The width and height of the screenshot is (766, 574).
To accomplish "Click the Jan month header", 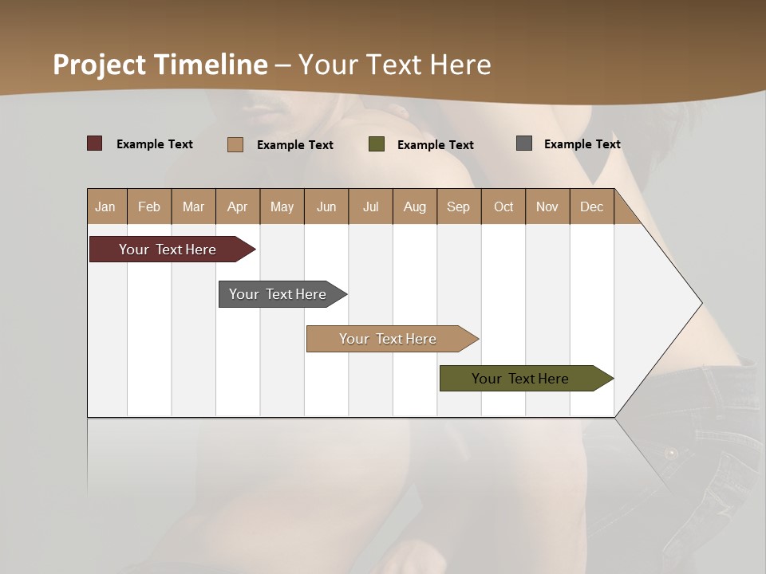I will tap(106, 206).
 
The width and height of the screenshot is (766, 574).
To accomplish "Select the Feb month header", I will tap(149, 206).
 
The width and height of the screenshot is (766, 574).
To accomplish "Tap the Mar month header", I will tap(193, 206).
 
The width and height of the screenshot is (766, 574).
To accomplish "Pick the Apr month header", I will tap(238, 206).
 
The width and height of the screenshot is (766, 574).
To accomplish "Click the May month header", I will tap(282, 206).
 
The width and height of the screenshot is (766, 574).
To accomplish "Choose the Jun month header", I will tap(326, 206).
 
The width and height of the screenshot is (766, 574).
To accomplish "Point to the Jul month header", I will tap(370, 206).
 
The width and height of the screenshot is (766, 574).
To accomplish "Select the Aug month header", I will tap(415, 206).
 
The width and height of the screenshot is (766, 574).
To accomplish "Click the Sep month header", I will tap(459, 206).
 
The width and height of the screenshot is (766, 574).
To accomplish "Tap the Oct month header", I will tap(503, 206).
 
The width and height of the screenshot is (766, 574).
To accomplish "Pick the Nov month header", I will tap(547, 206).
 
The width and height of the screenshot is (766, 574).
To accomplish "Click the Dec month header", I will tap(592, 206).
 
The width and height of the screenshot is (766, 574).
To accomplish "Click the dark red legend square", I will tap(95, 143).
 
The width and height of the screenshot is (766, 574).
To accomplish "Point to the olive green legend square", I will tap(377, 143).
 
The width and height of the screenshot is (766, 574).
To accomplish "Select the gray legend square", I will tap(524, 143).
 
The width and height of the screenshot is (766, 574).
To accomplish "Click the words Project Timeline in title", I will tap(160, 65).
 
